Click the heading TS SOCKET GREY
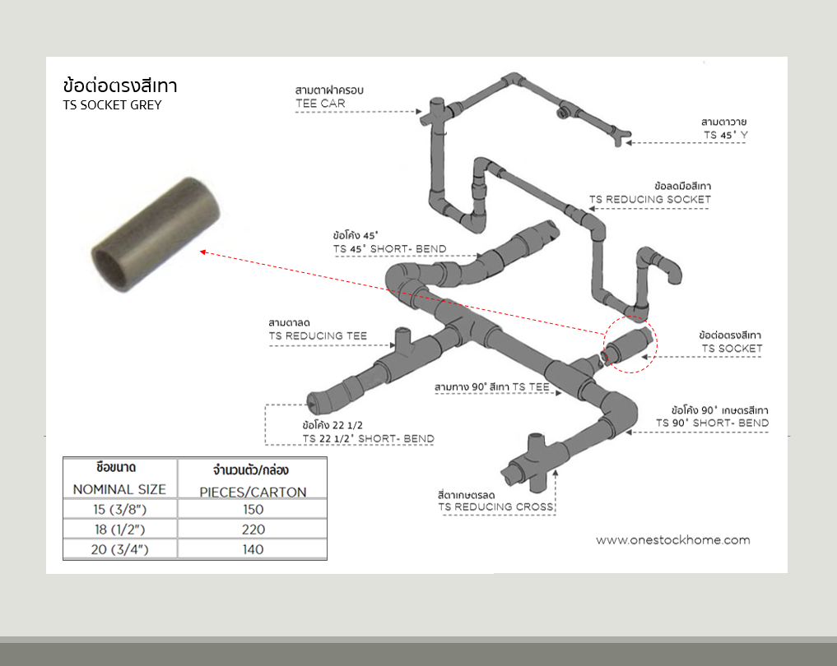coord(112,105)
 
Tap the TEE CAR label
coord(320,104)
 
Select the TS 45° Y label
coord(725,134)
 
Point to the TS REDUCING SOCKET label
coord(649,199)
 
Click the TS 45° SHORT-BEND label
coord(389,248)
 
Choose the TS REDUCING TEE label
coord(318,336)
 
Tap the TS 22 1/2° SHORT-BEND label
coord(367,438)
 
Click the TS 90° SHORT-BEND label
coord(712,423)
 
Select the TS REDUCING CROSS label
coord(495,506)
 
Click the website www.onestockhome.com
coord(672,540)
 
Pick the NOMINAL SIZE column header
coord(119,489)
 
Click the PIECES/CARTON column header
coord(253,492)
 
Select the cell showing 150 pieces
coord(253,510)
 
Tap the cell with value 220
coord(253,530)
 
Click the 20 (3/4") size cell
coord(119,549)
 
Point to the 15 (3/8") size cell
coord(119,510)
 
